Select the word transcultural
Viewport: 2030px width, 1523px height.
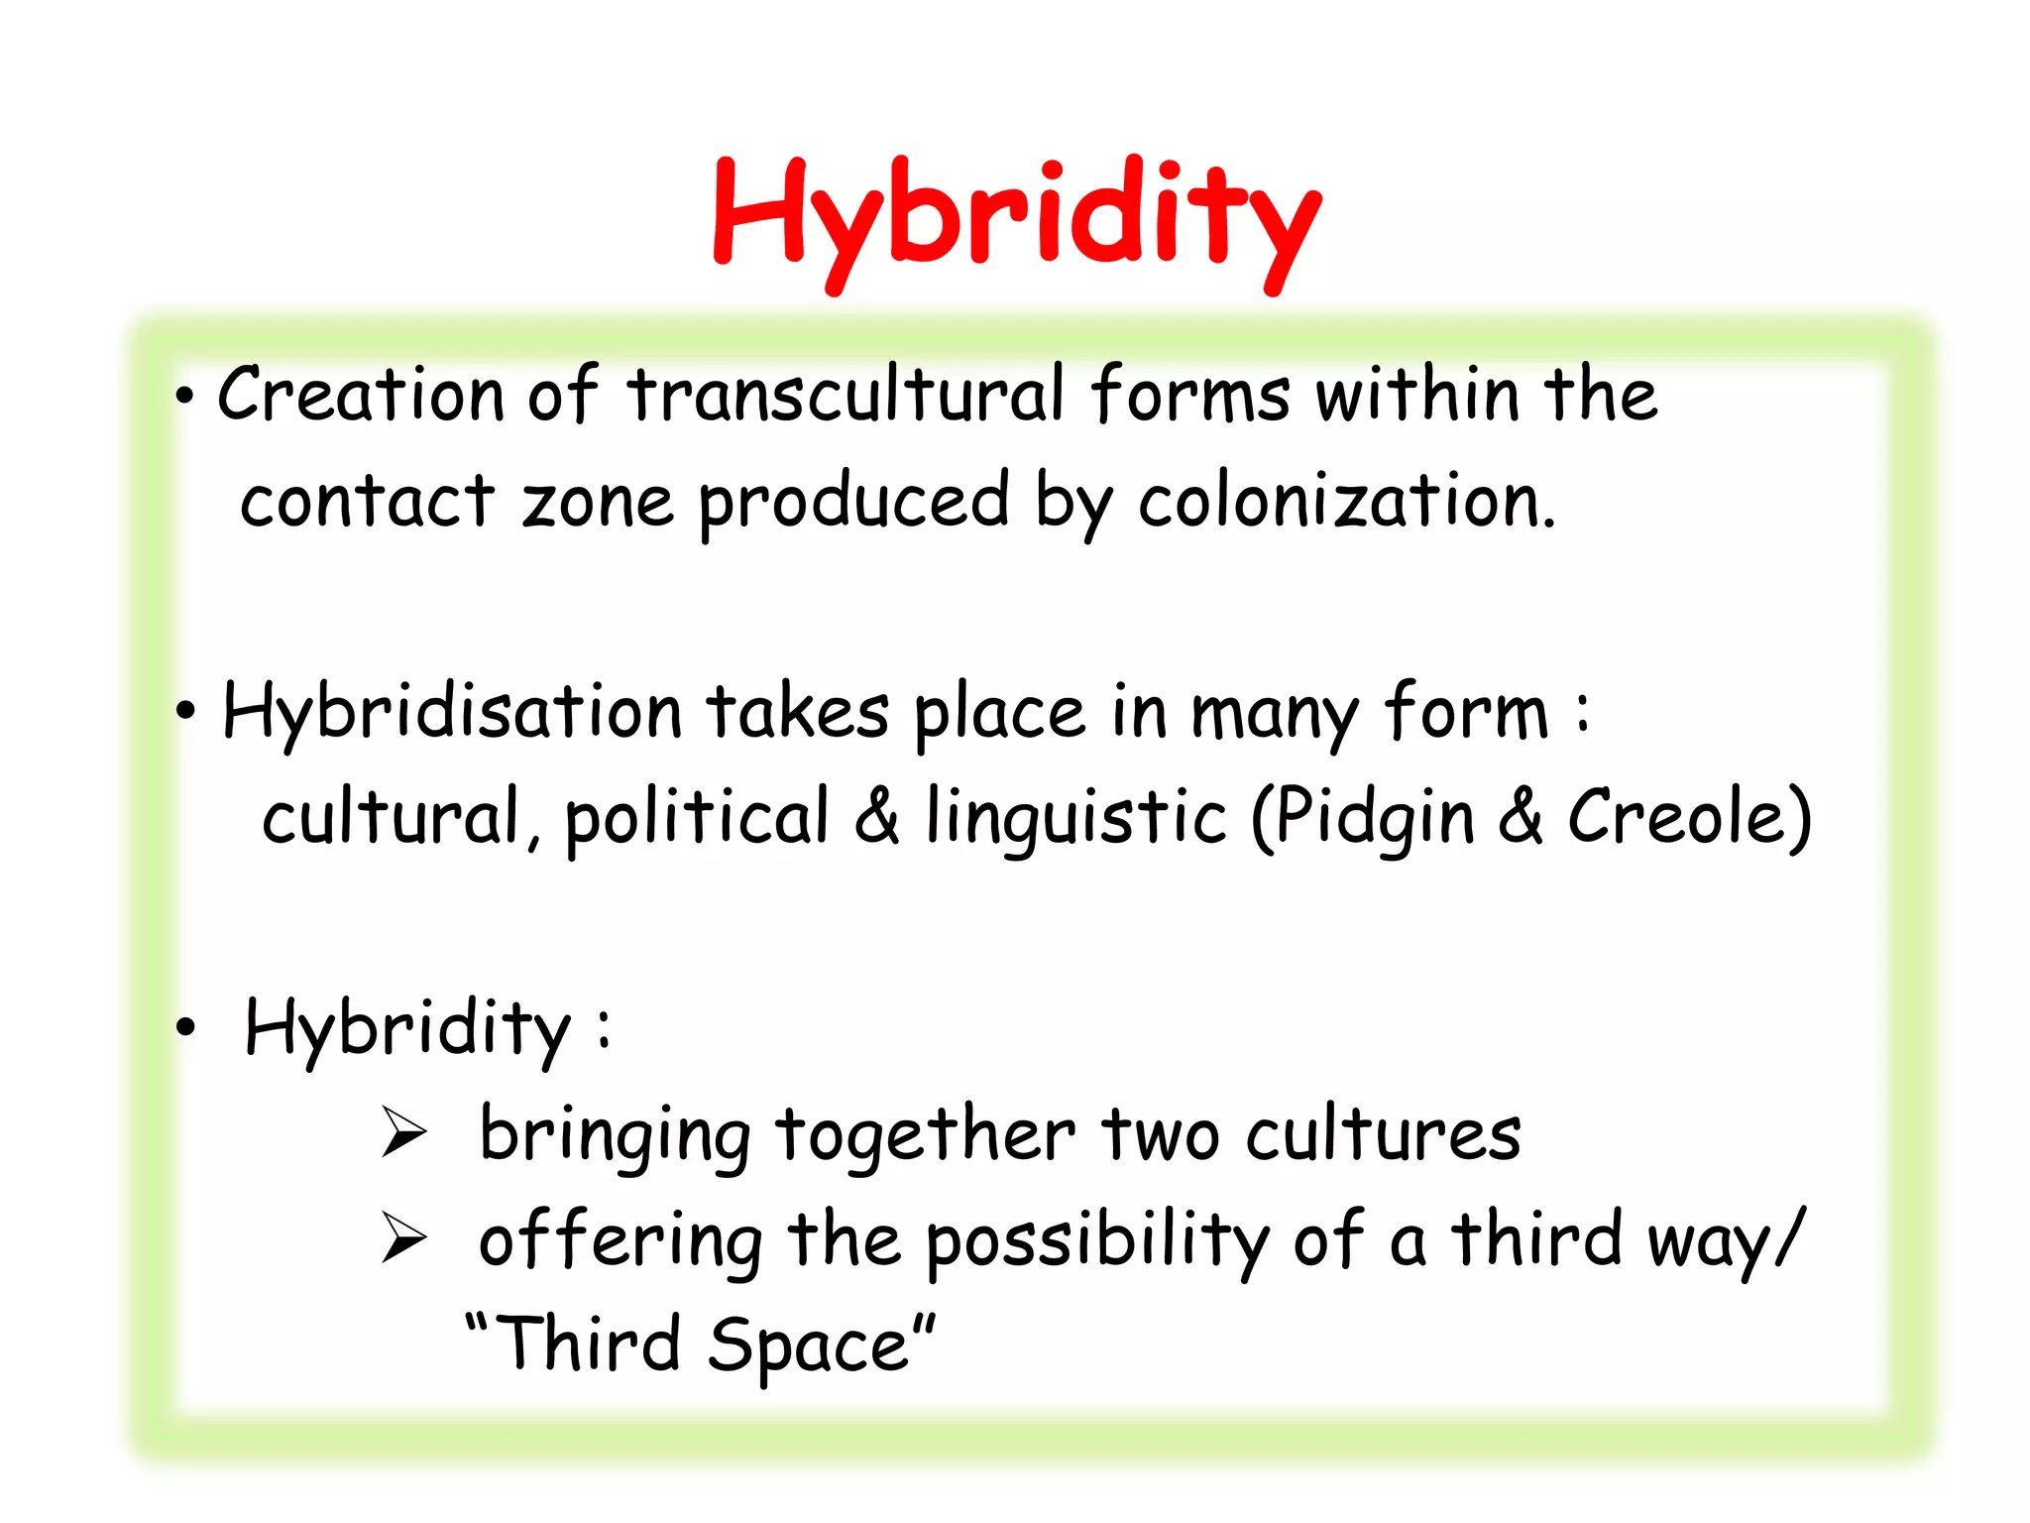tap(846, 395)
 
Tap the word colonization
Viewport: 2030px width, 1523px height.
tap(1346, 502)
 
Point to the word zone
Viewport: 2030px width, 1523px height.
tap(598, 502)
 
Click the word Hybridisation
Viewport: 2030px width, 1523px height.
tap(452, 712)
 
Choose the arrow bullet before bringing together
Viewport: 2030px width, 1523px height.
tap(403, 1133)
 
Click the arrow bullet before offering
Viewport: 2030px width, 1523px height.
tap(403, 1239)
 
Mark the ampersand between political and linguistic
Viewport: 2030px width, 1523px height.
tap(877, 815)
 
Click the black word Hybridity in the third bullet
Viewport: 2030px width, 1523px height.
tap(407, 1028)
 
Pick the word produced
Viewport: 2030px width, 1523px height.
tap(853, 502)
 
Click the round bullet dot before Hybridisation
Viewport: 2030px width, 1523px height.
tap(185, 711)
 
